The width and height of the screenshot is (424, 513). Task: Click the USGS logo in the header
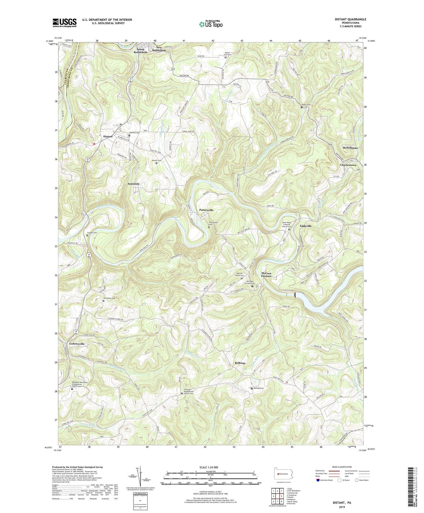point(65,22)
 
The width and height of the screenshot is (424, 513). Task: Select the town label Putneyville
point(206,210)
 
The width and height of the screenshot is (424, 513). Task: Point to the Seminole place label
point(134,184)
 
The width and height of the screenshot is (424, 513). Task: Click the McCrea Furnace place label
point(266,275)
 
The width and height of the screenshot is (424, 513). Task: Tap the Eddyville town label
point(306,226)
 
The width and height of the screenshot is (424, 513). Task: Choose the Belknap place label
point(240,363)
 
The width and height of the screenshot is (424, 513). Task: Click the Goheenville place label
point(77,344)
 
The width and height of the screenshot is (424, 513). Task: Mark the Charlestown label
point(348,165)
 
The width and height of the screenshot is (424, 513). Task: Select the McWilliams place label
point(350,148)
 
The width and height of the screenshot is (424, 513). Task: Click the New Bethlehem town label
point(159,49)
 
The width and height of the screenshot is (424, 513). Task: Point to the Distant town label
point(108,137)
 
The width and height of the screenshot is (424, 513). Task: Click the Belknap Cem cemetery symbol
point(252,388)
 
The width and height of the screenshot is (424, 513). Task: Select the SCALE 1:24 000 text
point(209,467)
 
